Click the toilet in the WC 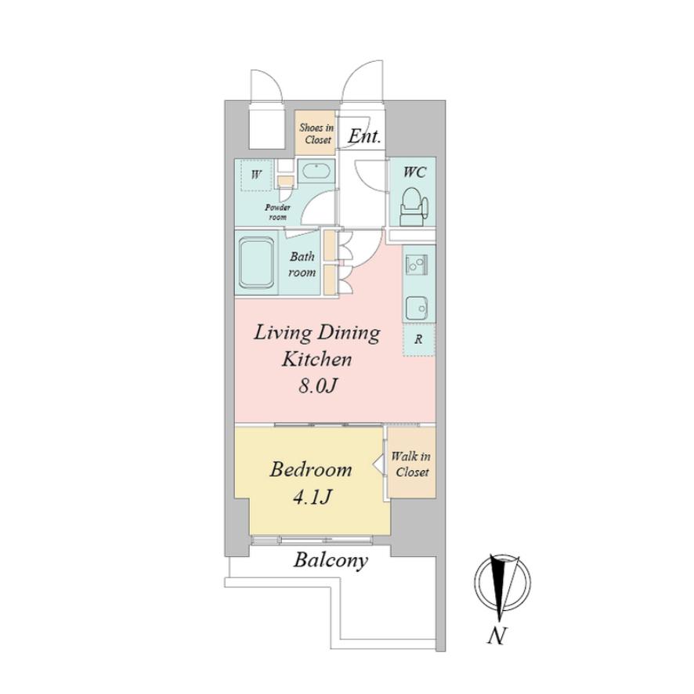tap(414, 207)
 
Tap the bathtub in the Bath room tap(257, 263)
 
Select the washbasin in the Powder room tap(316, 171)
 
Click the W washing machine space tap(256, 175)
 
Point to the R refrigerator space tap(419, 339)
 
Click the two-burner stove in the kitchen tap(417, 265)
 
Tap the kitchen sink tap(417, 307)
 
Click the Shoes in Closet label tap(316, 134)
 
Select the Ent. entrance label tap(364, 136)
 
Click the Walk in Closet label tap(411, 464)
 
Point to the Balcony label tap(331, 561)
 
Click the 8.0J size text tap(318, 386)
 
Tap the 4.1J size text tap(312, 497)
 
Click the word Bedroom tap(311, 470)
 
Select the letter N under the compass tap(497, 637)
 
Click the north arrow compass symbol tap(502, 584)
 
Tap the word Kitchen tap(317, 359)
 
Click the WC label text tap(414, 172)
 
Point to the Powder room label tap(277, 212)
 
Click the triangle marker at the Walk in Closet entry tap(378, 464)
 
